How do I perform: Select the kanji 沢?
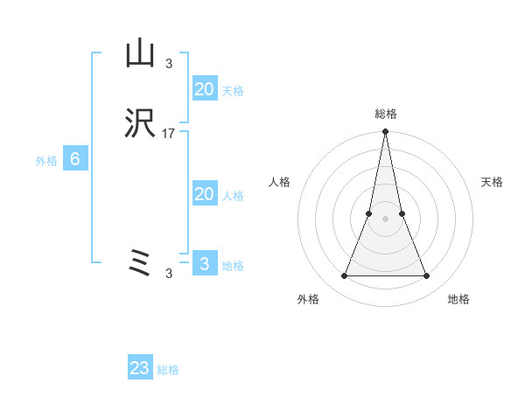140,125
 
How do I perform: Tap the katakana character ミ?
140,262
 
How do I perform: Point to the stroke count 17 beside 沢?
169,134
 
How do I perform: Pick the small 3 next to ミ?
169,273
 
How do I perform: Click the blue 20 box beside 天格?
204,88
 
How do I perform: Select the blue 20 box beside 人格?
204,194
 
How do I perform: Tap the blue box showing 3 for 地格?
204,263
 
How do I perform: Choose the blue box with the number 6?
74,159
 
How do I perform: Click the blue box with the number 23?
140,368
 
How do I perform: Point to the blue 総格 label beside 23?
168,370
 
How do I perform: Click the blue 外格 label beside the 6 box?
46,161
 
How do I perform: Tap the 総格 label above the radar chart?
386,114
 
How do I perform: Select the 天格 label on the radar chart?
492,182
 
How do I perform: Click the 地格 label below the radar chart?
458,299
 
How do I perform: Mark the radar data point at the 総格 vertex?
385,133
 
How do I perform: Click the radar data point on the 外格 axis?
344,276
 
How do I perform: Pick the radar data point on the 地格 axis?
427,276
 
